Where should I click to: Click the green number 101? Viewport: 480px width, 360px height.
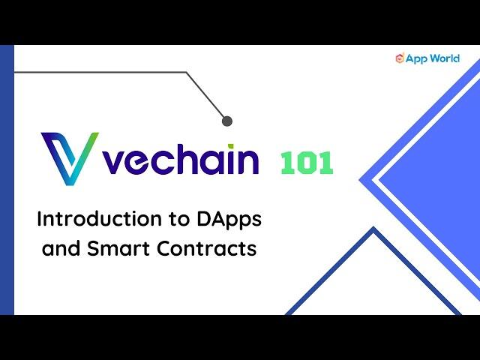307,163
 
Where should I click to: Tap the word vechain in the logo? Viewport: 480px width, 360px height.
181,159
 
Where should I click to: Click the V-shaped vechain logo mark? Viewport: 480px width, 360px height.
70,158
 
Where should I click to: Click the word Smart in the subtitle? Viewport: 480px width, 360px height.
118,248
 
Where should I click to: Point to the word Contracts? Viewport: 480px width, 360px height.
207,248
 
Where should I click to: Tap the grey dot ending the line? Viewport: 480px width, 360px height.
226,121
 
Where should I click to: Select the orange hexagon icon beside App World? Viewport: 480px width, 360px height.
400,58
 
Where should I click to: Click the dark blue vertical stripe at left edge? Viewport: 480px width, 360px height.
7,180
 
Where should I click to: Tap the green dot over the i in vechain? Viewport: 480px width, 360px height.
231,147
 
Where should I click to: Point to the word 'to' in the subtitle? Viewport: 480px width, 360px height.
179,220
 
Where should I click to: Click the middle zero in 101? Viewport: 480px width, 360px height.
307,163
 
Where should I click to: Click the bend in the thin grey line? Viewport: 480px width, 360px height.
187,72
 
